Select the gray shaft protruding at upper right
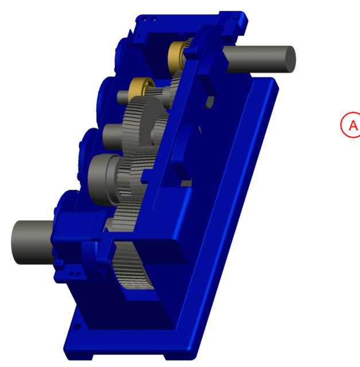258,60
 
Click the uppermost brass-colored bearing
177,53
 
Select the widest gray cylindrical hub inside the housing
103,179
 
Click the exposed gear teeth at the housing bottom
136,270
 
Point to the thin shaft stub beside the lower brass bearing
123,96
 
